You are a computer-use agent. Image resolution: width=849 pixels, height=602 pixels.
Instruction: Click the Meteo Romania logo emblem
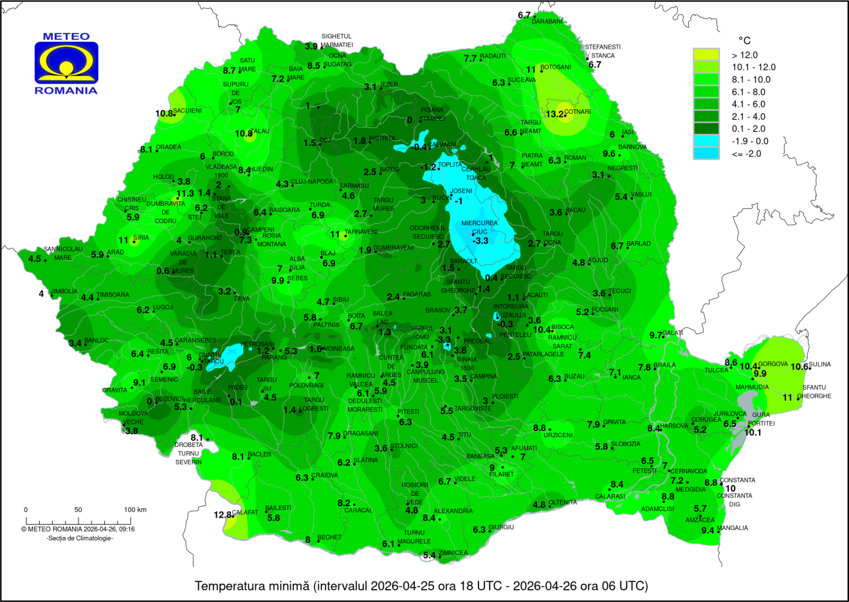click(66, 63)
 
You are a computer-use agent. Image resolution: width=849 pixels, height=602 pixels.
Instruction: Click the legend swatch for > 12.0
click(706, 55)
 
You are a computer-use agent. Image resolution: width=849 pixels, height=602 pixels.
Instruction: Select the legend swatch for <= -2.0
click(706, 153)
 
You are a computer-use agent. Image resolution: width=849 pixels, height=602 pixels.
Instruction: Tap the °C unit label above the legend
click(744, 41)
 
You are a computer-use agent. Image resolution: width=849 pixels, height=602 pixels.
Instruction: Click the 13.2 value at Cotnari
click(554, 114)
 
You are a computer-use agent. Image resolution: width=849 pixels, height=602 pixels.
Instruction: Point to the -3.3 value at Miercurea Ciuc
click(480, 241)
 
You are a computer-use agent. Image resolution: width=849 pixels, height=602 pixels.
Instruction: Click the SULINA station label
click(819, 365)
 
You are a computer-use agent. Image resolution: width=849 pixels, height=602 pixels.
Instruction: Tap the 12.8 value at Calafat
click(223, 515)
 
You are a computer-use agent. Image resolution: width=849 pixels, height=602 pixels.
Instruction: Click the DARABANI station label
click(547, 22)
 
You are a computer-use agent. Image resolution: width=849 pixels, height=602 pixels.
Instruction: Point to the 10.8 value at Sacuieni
click(164, 114)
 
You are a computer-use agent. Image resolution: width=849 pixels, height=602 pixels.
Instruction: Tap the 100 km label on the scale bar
click(135, 509)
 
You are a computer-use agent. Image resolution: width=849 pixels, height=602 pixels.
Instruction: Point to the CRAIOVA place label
click(325, 476)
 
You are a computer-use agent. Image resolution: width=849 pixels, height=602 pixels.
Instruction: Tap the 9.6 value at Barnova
click(608, 154)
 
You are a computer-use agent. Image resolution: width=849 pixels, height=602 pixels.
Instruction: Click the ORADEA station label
click(169, 147)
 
